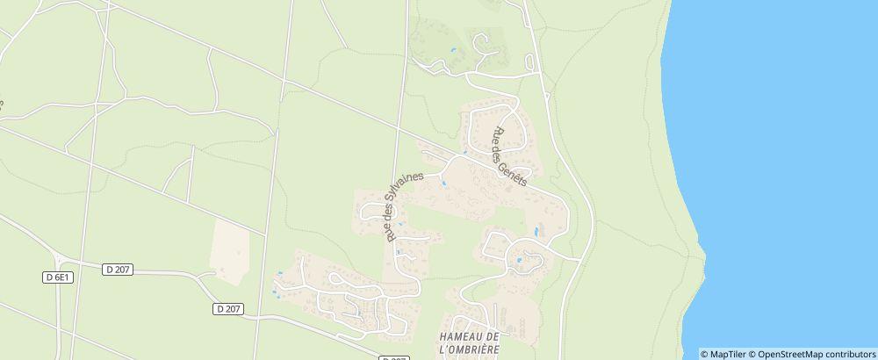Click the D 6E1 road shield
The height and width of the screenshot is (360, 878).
click(x=57, y=277)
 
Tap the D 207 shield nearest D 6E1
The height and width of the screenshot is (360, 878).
click(x=117, y=269)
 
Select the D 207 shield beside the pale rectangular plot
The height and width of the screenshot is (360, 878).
click(x=228, y=308)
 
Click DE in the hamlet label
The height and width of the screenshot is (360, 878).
click(x=493, y=337)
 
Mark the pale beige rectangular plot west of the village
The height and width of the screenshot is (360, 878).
click(x=231, y=251)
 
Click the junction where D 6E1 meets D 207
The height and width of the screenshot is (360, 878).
click(x=59, y=262)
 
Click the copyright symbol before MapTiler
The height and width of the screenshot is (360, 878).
click(x=705, y=354)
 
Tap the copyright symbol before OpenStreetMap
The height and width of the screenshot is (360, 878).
click(x=752, y=354)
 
